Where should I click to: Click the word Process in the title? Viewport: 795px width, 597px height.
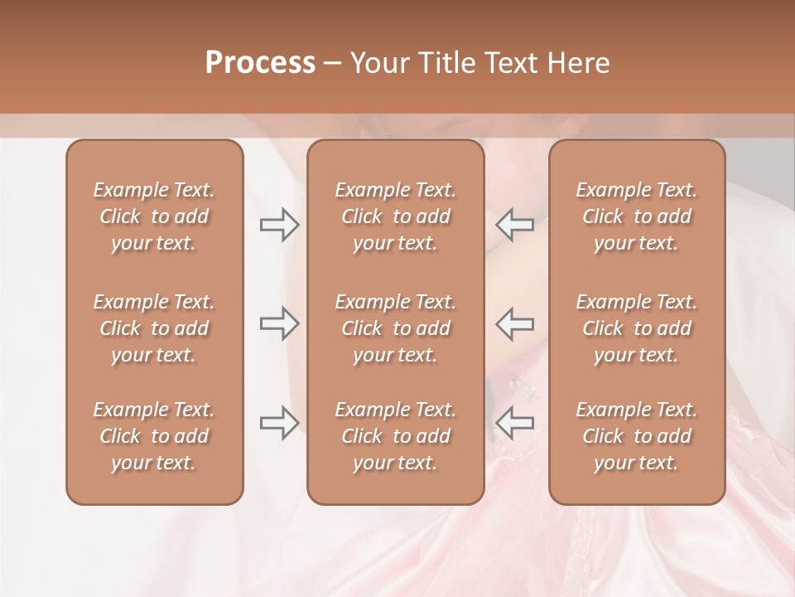pyautogui.click(x=260, y=63)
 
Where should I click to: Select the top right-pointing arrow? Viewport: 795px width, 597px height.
pyautogui.click(x=279, y=226)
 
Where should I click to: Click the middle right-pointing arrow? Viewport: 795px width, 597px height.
pyautogui.click(x=279, y=323)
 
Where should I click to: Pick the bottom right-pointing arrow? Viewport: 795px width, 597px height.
pyautogui.click(x=279, y=423)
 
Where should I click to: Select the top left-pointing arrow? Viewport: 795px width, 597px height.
pyautogui.click(x=515, y=226)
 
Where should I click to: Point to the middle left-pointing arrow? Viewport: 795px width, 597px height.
pyautogui.click(x=515, y=323)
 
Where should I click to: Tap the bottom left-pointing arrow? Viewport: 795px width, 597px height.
pyautogui.click(x=515, y=423)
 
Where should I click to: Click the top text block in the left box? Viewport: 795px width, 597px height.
pyautogui.click(x=154, y=216)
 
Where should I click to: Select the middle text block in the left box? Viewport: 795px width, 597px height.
pyautogui.click(x=154, y=328)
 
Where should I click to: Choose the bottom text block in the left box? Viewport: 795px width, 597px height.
pyautogui.click(x=154, y=436)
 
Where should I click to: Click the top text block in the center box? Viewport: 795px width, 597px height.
pyautogui.click(x=395, y=216)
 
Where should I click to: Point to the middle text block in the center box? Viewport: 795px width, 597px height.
pyautogui.click(x=395, y=328)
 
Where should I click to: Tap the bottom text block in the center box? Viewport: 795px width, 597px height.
pyautogui.click(x=395, y=436)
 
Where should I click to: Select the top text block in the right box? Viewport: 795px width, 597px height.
pyautogui.click(x=637, y=216)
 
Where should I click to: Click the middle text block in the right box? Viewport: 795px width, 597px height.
pyautogui.click(x=637, y=328)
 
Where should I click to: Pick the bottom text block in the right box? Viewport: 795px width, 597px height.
pyautogui.click(x=637, y=436)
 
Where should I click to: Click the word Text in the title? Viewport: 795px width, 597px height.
pyautogui.click(x=510, y=63)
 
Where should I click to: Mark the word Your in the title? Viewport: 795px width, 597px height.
pyautogui.click(x=378, y=63)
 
